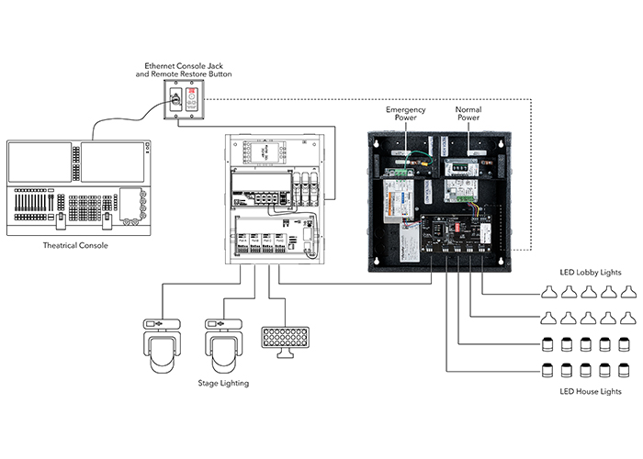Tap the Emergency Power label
point(404,113)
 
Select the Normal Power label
point(468,113)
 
